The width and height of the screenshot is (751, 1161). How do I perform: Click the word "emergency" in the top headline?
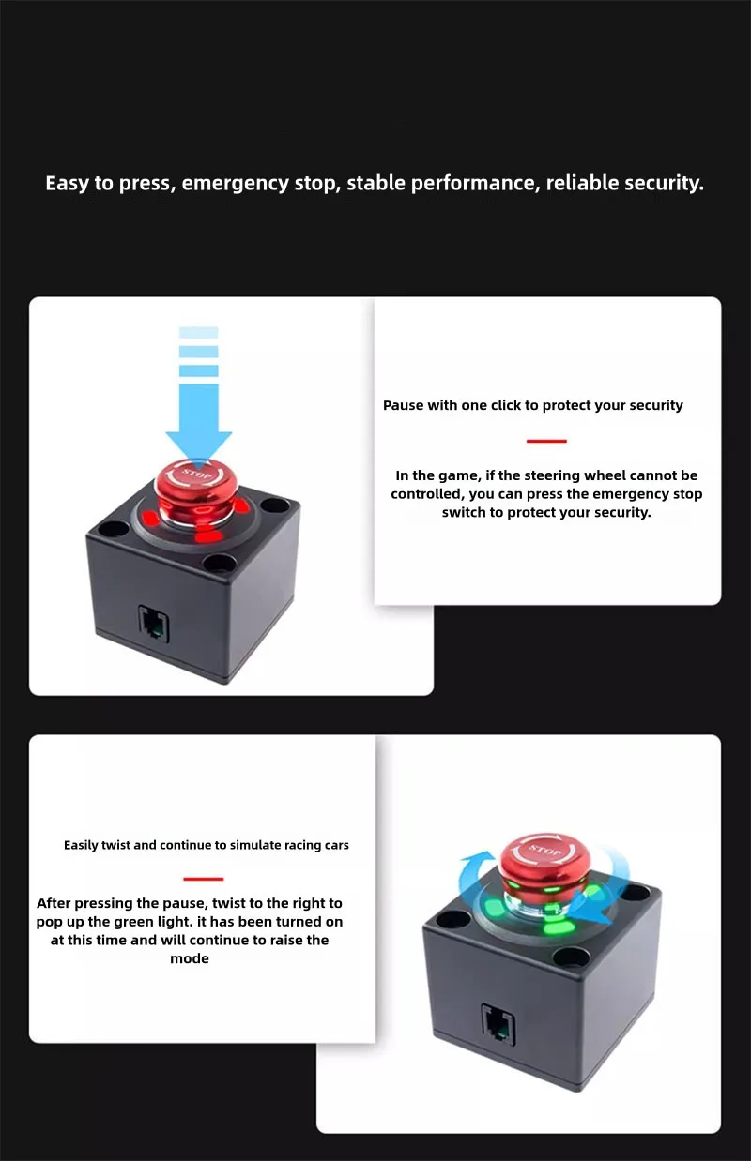pyautogui.click(x=235, y=184)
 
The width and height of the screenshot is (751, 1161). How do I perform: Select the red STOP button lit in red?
pyautogui.click(x=197, y=487)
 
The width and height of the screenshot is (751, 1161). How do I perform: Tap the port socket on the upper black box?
pyautogui.click(x=154, y=623)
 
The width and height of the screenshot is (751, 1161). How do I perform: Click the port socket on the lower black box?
pyautogui.click(x=498, y=1024)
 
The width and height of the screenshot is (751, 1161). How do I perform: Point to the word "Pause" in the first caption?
pyautogui.click(x=403, y=405)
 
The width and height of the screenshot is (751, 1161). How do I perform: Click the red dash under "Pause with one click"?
pyautogui.click(x=546, y=441)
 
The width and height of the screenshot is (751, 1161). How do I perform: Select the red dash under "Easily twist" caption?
pyautogui.click(x=204, y=879)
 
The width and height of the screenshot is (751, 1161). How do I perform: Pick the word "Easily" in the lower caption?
pyautogui.click(x=81, y=845)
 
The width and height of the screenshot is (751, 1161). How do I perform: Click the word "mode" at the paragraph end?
pyautogui.click(x=190, y=958)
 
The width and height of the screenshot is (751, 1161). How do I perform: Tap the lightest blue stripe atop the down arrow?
pyautogui.click(x=199, y=332)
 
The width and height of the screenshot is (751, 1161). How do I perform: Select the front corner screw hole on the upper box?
pyautogui.click(x=220, y=562)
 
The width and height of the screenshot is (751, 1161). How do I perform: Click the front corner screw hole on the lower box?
pyautogui.click(x=571, y=955)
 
